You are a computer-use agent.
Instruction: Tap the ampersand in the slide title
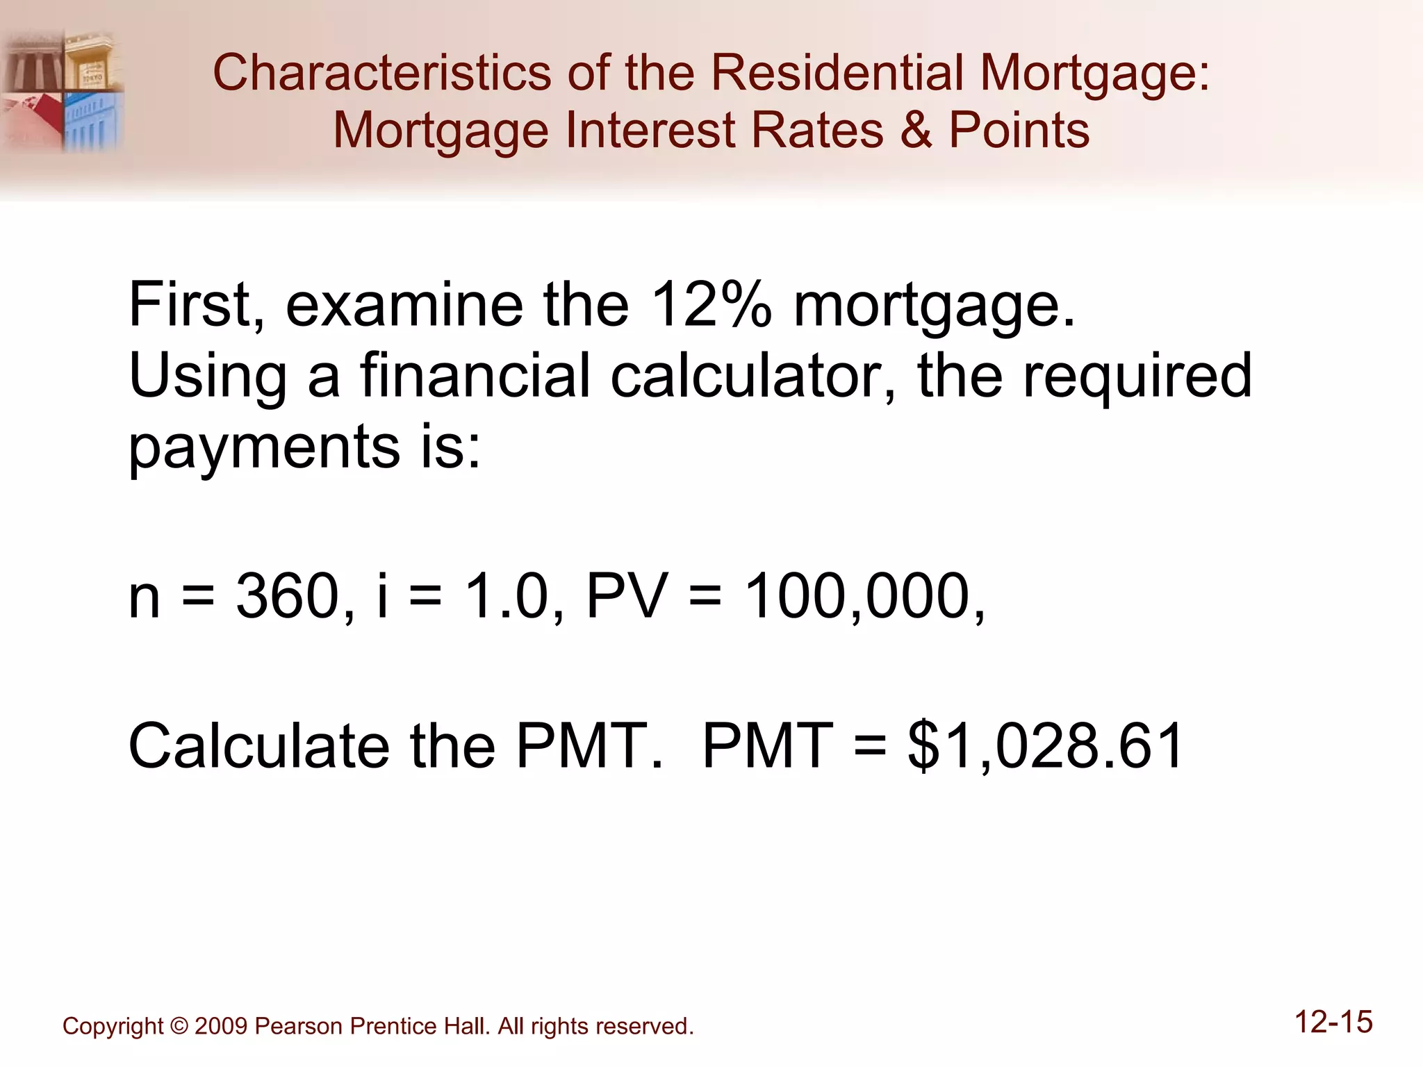916,131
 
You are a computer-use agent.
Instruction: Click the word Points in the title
1019,131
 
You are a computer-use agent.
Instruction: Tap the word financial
476,376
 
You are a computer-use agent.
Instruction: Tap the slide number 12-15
1333,1023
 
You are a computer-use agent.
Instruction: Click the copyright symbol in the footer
179,1026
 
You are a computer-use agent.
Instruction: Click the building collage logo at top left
63,90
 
